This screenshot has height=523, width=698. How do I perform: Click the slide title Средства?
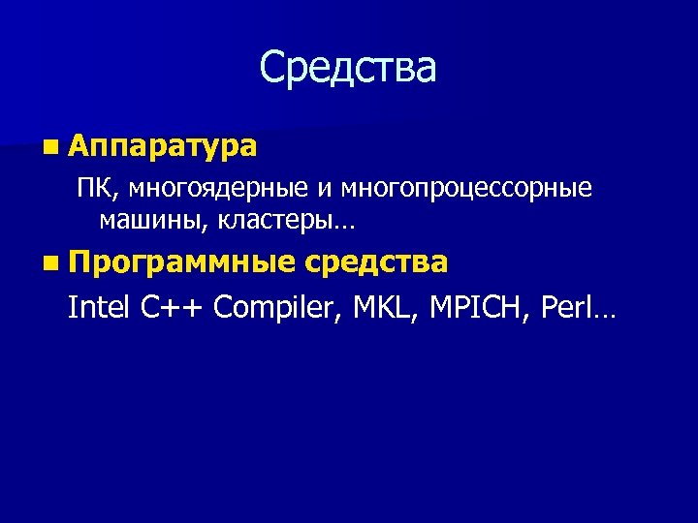348,68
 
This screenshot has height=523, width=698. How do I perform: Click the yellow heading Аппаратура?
163,146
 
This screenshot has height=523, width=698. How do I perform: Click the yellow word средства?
376,262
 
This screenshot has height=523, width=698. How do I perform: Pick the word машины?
153,221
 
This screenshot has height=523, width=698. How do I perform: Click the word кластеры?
273,221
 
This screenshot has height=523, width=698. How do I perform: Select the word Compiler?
278,309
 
